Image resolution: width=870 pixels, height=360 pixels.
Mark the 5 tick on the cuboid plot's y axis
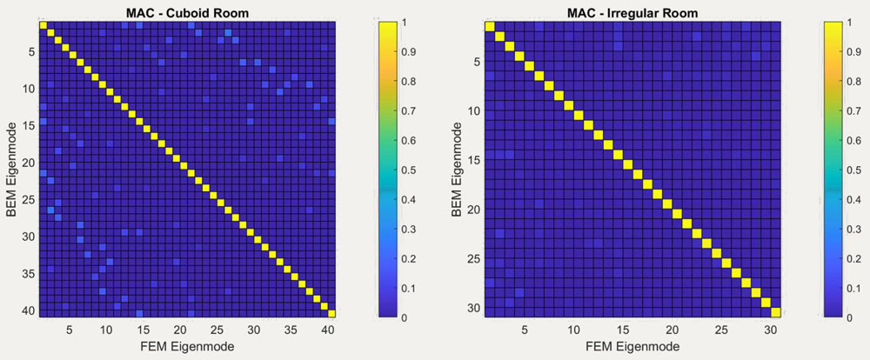coord(30,51)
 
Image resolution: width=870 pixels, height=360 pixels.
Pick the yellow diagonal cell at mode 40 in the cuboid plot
coord(331,313)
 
